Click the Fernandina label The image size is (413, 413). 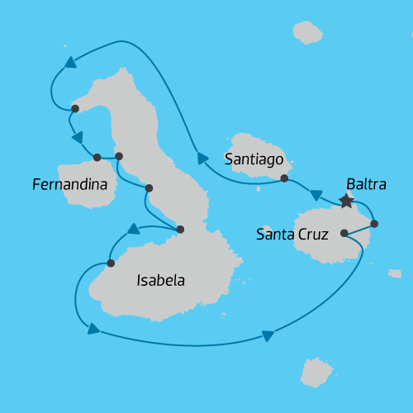69,184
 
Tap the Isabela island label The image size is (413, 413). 160,281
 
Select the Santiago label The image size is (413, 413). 254,158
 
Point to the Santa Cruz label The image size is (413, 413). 292,235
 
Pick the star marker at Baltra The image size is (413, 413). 346,201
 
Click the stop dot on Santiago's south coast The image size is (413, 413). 284,178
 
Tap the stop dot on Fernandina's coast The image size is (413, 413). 97,157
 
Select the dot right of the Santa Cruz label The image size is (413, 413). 344,233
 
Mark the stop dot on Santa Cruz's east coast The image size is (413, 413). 374,223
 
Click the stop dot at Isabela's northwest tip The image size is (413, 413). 75,108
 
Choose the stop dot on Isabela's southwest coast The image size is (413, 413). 110,263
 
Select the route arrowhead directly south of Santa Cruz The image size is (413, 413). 268,335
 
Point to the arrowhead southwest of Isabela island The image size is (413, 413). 93,330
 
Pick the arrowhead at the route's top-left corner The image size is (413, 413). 70,62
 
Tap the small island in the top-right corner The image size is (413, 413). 308,32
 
